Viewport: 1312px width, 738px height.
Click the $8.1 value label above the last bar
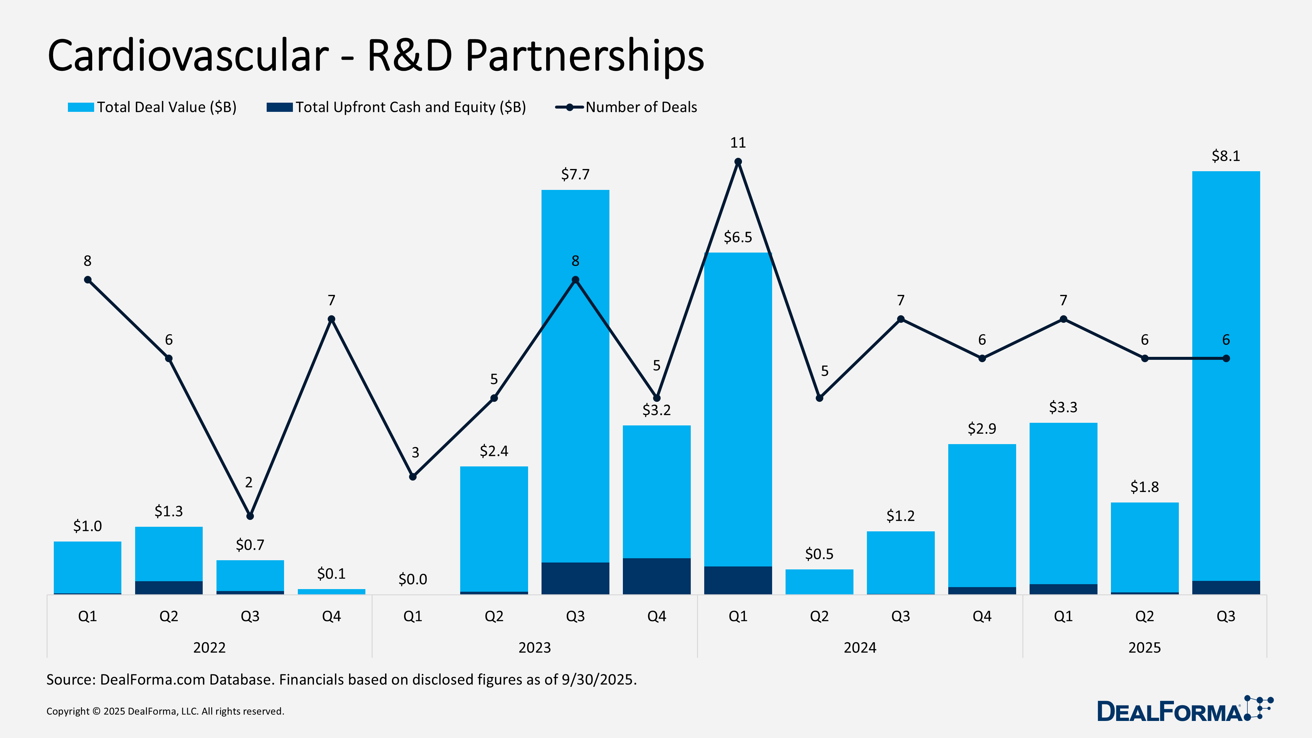1225,156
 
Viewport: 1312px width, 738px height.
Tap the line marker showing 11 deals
737,162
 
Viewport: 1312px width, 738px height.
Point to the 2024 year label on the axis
860,647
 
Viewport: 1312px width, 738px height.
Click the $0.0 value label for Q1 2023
413,579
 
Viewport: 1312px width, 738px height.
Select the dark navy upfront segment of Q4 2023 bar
657,576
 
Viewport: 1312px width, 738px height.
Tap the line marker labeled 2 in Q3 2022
250,516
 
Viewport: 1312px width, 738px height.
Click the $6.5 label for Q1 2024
737,237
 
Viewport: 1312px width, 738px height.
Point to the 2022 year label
209,647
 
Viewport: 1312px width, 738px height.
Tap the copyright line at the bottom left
165,711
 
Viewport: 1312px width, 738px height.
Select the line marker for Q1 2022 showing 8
88,279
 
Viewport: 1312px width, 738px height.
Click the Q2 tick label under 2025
1144,616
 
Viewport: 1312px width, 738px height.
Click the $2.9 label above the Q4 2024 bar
981,429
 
